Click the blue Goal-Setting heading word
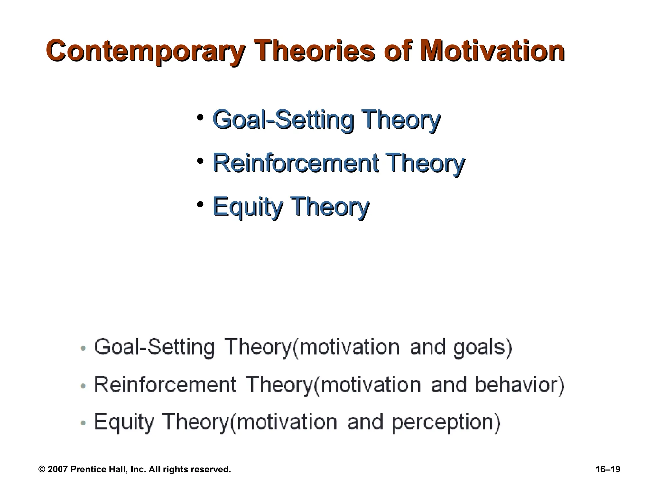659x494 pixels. click(x=283, y=120)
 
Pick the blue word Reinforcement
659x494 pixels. click(x=295, y=163)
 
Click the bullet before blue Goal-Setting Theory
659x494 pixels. click(x=200, y=117)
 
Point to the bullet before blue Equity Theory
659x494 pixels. click(x=200, y=204)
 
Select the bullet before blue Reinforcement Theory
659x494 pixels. click(x=200, y=161)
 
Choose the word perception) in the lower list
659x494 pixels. click(x=446, y=422)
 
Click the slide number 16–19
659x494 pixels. click(x=608, y=470)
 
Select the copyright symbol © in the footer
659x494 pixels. click(x=42, y=470)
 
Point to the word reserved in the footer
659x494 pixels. click(x=210, y=470)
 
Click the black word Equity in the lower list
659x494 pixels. click(x=124, y=422)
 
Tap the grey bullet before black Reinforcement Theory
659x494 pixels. click(x=83, y=386)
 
